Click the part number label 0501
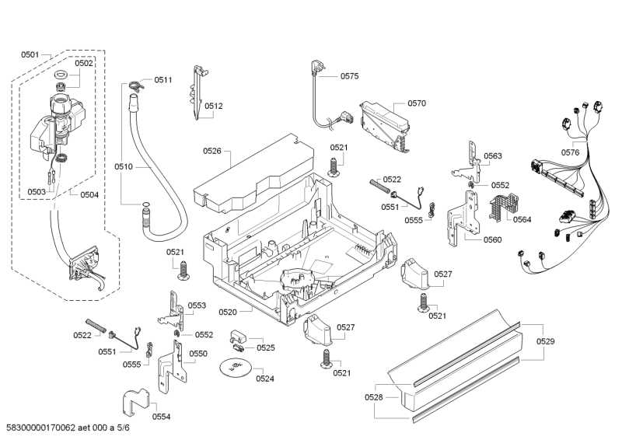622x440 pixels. point(30,54)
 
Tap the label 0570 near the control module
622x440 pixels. point(417,103)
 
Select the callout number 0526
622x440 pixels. point(212,151)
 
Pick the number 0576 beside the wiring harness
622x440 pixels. point(570,152)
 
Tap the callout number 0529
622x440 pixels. point(546,341)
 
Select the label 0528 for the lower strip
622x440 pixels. point(374,398)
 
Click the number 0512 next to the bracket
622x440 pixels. point(214,107)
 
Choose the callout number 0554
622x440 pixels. point(161,417)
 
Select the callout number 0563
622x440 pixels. point(492,156)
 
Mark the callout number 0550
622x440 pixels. point(198,354)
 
